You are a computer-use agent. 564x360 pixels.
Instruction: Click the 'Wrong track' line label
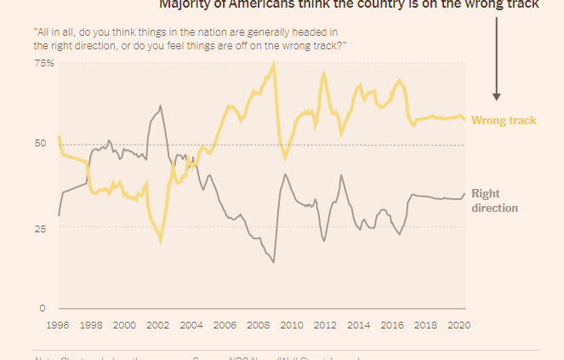[x=504, y=121]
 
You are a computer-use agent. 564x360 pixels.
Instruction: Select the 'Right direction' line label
[x=495, y=200]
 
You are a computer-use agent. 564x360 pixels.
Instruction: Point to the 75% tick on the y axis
[x=45, y=64]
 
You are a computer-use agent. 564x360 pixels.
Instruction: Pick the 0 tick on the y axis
[x=41, y=307]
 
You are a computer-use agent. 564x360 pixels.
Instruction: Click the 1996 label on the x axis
[x=58, y=324]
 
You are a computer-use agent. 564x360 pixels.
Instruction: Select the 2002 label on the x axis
[x=157, y=324]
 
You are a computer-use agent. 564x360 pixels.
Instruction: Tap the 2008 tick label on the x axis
[x=258, y=324]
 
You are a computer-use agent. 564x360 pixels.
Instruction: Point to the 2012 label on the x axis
[x=325, y=324]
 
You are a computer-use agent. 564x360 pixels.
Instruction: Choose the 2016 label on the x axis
[x=391, y=324]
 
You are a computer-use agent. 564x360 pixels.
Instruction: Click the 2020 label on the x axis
[x=459, y=324]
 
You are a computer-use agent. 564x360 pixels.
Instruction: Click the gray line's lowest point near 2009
[x=274, y=262]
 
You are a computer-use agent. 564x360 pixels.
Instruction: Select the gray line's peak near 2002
[x=160, y=106]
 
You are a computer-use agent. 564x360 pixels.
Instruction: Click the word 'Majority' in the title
[x=183, y=3]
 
